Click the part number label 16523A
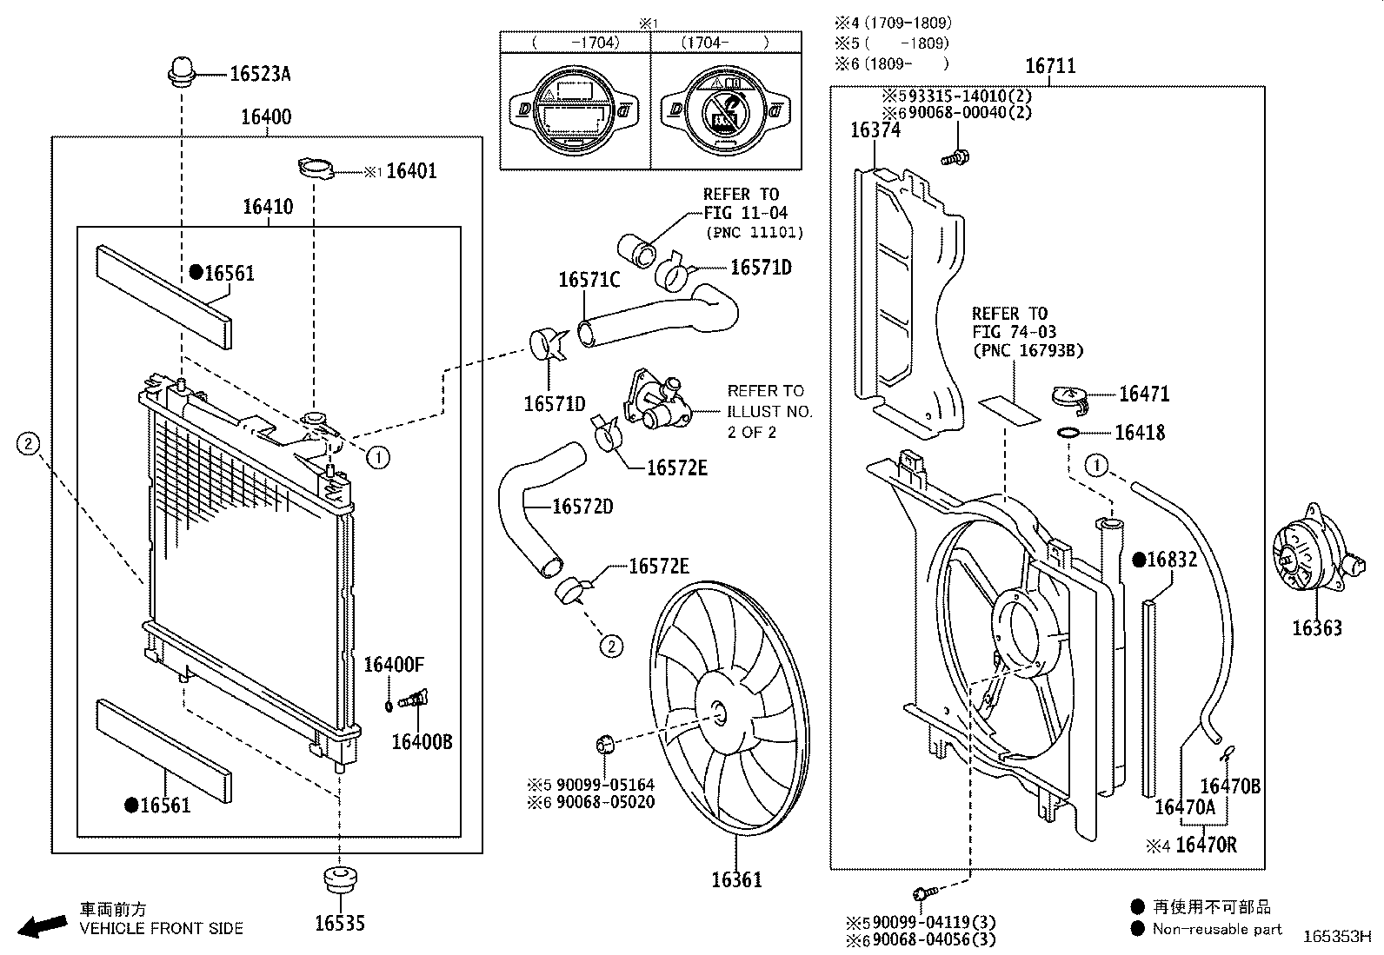point(259,74)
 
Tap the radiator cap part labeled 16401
point(316,169)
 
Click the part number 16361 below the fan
point(736,880)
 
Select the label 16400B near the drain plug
point(422,741)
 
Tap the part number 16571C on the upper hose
point(589,280)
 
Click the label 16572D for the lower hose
point(582,507)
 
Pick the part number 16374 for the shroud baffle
point(875,130)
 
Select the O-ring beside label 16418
point(1069,433)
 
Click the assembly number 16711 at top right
point(1049,66)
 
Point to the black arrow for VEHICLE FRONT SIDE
point(42,926)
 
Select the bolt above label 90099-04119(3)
point(924,892)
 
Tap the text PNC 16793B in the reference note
point(1028,351)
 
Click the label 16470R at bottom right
point(1205,844)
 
